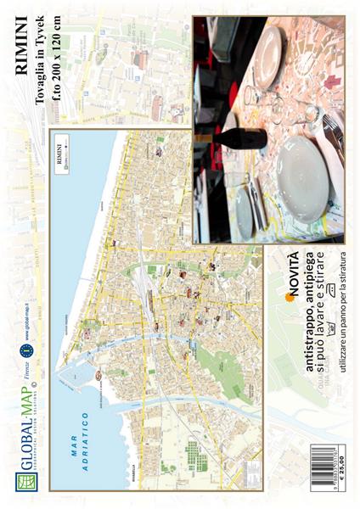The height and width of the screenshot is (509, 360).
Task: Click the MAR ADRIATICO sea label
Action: pyautogui.click(x=81, y=441)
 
